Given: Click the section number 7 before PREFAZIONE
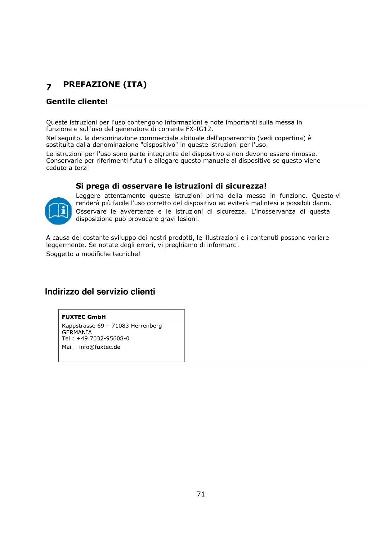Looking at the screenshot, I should tap(49, 87).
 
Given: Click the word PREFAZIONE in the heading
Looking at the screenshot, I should tap(92, 84).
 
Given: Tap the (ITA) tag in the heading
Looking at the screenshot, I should tap(135, 84).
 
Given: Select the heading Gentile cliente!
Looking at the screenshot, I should tap(77, 102).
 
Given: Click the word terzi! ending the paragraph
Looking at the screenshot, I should tap(82, 168).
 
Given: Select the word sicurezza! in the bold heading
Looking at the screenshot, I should tap(246, 186).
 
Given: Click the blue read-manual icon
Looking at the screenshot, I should tap(59, 211).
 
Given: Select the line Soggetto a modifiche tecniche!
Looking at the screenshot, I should tap(93, 254).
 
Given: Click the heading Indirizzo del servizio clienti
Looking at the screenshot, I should tap(100, 292).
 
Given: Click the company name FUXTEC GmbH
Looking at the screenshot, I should tap(84, 317).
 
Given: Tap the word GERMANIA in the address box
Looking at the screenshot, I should tap(77, 332).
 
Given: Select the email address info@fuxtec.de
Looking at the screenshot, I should tap(100, 347).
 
